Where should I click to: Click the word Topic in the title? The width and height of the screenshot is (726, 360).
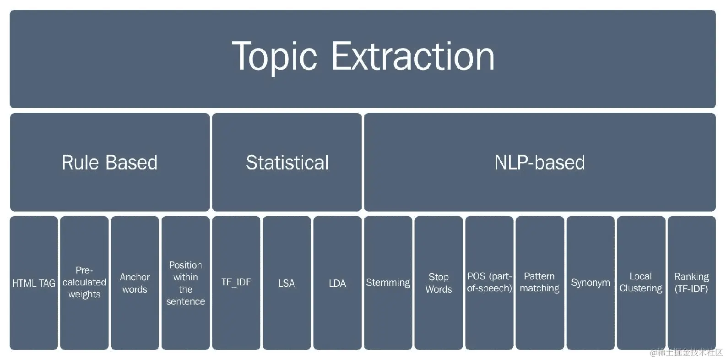(x=274, y=57)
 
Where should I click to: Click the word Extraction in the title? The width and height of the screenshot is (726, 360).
(x=413, y=56)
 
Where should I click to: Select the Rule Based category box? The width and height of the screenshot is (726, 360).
(x=110, y=162)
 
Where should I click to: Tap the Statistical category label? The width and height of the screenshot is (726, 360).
(x=287, y=163)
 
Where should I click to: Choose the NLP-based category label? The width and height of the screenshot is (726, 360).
(x=540, y=163)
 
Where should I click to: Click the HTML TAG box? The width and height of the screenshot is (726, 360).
(x=34, y=283)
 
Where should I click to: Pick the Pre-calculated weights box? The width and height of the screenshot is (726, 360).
(x=84, y=283)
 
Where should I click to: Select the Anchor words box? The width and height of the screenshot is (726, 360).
(x=135, y=283)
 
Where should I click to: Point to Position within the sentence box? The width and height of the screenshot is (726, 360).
(x=186, y=283)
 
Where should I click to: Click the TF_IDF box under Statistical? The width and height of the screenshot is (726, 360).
(x=236, y=283)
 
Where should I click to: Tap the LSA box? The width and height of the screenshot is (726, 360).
(x=287, y=283)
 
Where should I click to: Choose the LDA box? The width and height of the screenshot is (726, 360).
(x=337, y=283)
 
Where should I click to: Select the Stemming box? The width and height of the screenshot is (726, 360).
(x=388, y=283)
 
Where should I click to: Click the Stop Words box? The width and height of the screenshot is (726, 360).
(x=439, y=283)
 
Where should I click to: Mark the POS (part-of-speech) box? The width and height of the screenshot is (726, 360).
(x=489, y=283)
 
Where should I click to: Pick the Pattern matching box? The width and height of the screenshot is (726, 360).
(x=540, y=283)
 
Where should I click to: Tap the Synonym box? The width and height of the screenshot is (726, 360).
(x=591, y=283)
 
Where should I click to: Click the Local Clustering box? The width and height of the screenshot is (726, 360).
(x=641, y=283)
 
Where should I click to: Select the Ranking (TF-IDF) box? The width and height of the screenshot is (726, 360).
(x=692, y=283)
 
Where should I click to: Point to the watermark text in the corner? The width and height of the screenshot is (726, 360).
(x=687, y=352)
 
